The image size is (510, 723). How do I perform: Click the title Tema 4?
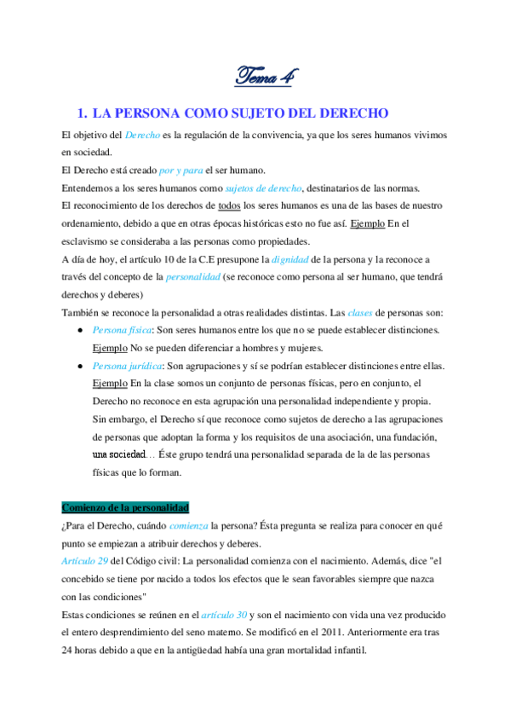[264, 78]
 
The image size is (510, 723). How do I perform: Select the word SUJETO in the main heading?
[243, 113]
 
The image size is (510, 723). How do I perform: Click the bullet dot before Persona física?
[79, 331]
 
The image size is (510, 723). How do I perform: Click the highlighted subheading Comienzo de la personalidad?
[126, 508]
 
